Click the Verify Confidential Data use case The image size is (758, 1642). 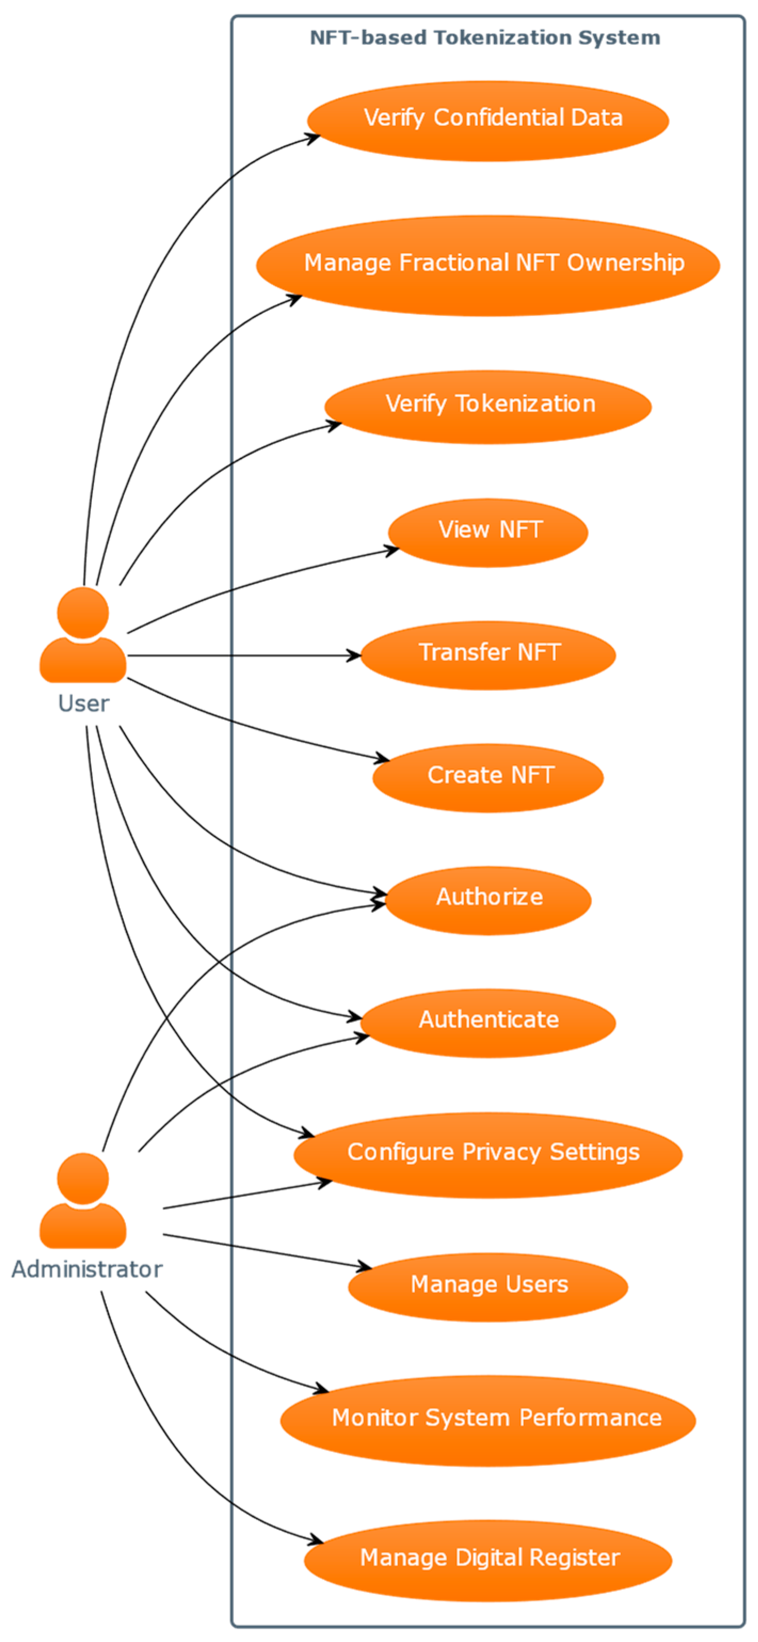(488, 120)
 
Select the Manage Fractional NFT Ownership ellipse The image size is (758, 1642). (488, 265)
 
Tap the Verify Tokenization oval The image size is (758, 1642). (488, 406)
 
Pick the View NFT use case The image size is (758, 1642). (488, 532)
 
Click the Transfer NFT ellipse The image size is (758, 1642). (488, 655)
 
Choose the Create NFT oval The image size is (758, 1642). (488, 777)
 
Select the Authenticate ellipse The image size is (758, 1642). (488, 1022)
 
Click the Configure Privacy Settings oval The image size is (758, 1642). (488, 1154)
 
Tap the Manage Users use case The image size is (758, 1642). (488, 1286)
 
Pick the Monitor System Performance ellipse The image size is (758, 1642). (488, 1419)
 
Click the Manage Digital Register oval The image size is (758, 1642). (488, 1560)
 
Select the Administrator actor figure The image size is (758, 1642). (83, 1202)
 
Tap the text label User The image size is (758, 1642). (84, 704)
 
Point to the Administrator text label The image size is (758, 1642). (87, 1269)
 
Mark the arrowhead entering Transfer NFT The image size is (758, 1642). (354, 655)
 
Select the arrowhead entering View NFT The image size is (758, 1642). (391, 550)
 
